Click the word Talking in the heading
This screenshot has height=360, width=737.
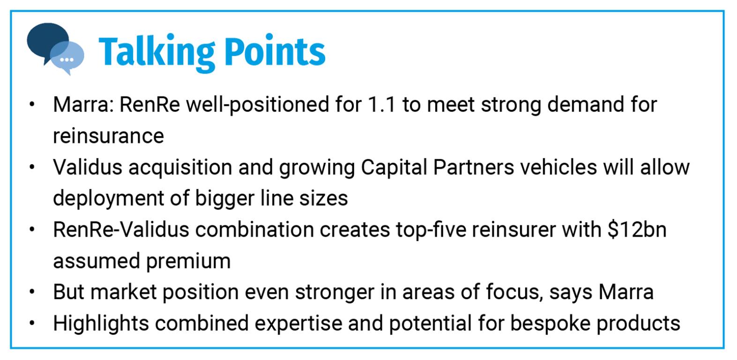[x=156, y=52]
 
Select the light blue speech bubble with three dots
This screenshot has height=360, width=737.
[x=67, y=58]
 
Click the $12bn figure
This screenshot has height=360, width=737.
[x=637, y=229]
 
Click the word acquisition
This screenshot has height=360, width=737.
[x=180, y=167]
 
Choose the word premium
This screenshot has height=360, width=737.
[x=188, y=261]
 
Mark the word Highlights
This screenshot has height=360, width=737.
[x=101, y=323]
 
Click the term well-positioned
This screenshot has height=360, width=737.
[x=258, y=105]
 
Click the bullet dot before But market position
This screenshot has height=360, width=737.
[x=32, y=292]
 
